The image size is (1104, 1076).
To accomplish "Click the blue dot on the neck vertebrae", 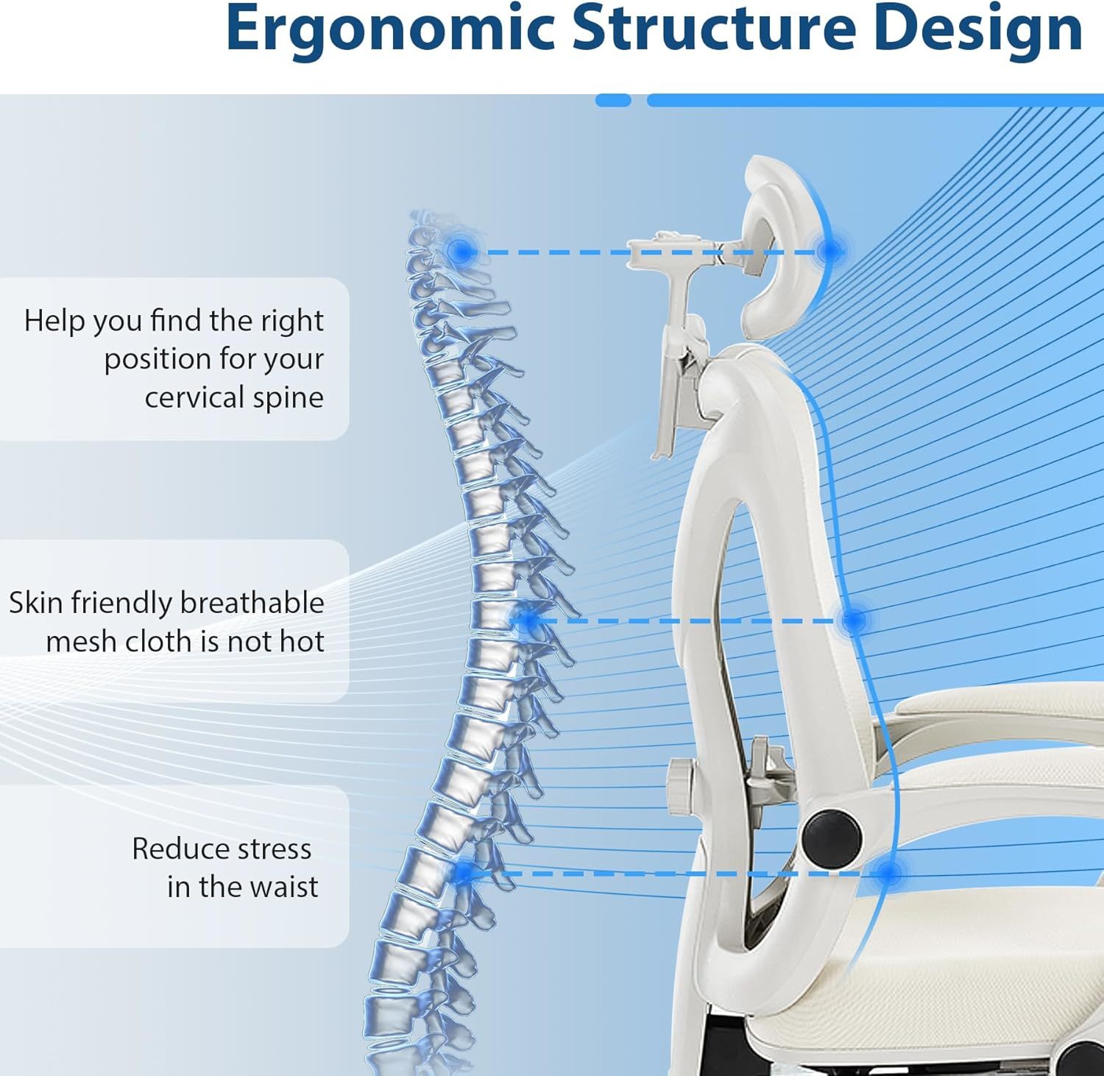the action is (461, 252).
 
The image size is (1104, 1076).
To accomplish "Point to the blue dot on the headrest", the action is (831, 252).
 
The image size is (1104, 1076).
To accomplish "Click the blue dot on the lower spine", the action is (464, 874).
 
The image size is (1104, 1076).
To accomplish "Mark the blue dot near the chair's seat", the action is (889, 874).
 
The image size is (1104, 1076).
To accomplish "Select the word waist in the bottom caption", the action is (281, 887).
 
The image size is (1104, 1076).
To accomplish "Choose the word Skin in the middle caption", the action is (34, 603).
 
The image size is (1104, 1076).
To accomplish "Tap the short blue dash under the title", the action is (613, 100).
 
